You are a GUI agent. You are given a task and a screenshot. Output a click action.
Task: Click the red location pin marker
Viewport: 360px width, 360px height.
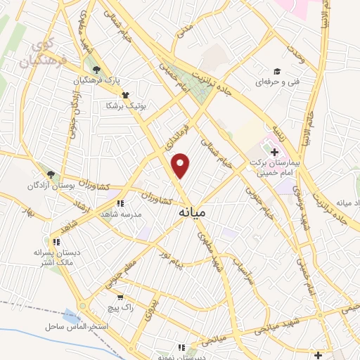click(x=181, y=165)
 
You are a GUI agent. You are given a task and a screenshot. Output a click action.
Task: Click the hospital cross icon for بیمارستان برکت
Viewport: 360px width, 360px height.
click(x=274, y=152)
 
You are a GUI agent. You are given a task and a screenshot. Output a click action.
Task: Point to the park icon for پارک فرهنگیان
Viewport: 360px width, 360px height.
click(x=96, y=70)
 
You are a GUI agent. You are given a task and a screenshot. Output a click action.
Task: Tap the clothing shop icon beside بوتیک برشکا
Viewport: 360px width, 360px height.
click(x=125, y=94)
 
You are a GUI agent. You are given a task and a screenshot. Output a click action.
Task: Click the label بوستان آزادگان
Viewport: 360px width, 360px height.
click(x=69, y=186)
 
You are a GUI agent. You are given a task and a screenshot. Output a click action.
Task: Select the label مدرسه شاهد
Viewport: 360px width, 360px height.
click(x=122, y=214)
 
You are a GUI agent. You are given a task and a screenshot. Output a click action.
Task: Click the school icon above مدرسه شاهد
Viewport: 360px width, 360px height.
click(x=120, y=203)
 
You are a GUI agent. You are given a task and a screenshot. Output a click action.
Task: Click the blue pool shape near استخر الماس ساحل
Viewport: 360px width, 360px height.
click(x=70, y=317)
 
